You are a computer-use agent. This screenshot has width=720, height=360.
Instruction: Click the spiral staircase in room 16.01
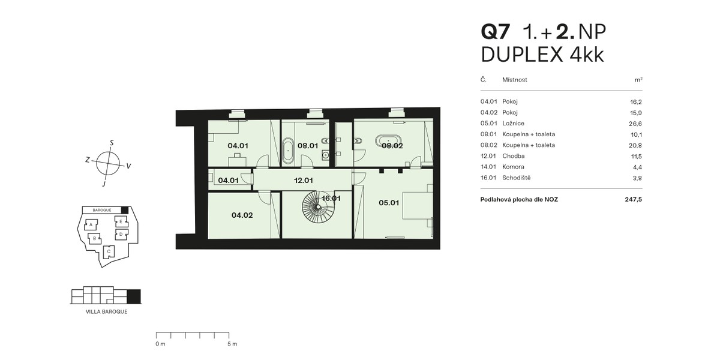tap(317, 206)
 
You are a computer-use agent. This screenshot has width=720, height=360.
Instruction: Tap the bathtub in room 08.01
tap(288, 151)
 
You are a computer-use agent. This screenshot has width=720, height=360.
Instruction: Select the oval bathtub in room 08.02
tap(388, 140)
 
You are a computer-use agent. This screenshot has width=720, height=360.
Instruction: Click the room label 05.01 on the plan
tap(389, 203)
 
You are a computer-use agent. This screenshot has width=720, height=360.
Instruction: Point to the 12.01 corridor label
tap(303, 181)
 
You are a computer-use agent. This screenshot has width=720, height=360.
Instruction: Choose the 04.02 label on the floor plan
tap(242, 215)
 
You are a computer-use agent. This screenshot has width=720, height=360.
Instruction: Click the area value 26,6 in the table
tap(635, 124)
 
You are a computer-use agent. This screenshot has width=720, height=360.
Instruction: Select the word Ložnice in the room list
tap(513, 124)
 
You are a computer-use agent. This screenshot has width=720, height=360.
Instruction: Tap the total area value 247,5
tap(633, 200)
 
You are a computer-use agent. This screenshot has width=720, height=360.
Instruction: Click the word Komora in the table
tap(513, 167)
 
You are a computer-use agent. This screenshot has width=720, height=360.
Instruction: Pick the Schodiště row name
tap(516, 178)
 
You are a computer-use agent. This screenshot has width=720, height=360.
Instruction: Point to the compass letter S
tap(112, 143)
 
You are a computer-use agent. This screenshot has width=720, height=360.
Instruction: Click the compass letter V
tap(128, 166)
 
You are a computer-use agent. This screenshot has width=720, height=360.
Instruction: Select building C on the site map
tap(109, 251)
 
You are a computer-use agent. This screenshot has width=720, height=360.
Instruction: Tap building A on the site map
tap(91, 224)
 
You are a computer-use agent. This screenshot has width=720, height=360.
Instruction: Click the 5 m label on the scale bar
tap(232, 344)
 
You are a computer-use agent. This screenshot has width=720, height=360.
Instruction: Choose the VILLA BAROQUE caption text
tap(106, 312)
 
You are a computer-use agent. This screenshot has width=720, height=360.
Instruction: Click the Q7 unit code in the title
tap(495, 32)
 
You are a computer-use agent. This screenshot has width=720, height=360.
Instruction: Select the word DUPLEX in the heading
tap(521, 55)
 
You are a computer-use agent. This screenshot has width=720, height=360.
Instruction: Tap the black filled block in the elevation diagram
tap(134, 296)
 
